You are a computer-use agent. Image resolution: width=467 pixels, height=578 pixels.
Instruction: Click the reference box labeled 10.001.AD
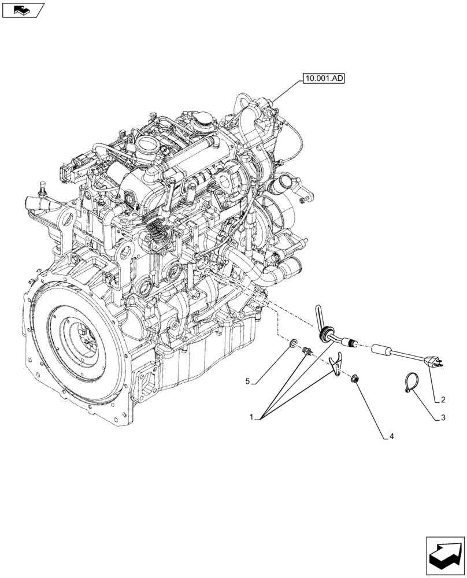(x=323, y=79)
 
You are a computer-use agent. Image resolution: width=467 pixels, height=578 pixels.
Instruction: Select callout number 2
(x=443, y=399)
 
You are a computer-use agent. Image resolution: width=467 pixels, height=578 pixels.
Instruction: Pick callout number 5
(x=247, y=381)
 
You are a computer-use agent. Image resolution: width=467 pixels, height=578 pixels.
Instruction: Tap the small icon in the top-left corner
(x=23, y=9)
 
